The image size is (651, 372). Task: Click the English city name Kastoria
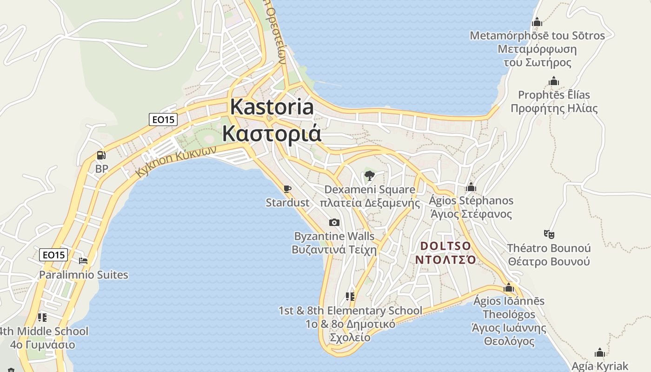click(272, 107)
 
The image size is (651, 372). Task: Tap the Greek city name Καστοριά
click(272, 133)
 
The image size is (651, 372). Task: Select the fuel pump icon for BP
click(101, 155)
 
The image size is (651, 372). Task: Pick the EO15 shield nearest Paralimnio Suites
click(53, 255)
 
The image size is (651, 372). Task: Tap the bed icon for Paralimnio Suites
click(83, 261)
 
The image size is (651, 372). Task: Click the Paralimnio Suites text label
click(83, 275)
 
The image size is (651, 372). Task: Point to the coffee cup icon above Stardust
click(287, 189)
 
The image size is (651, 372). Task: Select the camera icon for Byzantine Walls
click(334, 223)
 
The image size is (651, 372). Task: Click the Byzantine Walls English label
click(334, 236)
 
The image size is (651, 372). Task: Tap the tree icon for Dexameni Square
click(370, 176)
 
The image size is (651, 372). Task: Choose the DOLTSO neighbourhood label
click(445, 246)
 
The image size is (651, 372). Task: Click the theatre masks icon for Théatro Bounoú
click(549, 234)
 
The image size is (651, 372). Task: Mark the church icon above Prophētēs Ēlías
click(553, 81)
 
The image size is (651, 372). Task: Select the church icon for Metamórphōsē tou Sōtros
click(537, 22)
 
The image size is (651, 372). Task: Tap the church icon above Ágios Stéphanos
click(471, 187)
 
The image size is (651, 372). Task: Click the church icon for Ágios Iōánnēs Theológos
click(508, 287)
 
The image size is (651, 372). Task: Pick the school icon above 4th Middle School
click(42, 318)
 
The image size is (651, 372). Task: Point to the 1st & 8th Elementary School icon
click(350, 297)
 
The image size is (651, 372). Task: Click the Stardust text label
click(287, 203)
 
